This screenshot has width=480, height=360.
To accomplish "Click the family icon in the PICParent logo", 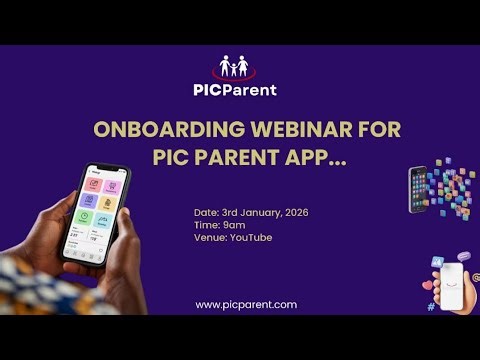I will coord(237,68).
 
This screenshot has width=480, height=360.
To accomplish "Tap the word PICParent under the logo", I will coord(236,90).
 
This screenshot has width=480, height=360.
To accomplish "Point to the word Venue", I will coord(209,237).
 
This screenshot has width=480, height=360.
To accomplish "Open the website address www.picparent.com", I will coord(246,304).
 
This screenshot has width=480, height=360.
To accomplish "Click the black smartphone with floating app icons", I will coord(418,189).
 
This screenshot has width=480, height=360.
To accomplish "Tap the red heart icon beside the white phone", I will coord(428,285).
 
